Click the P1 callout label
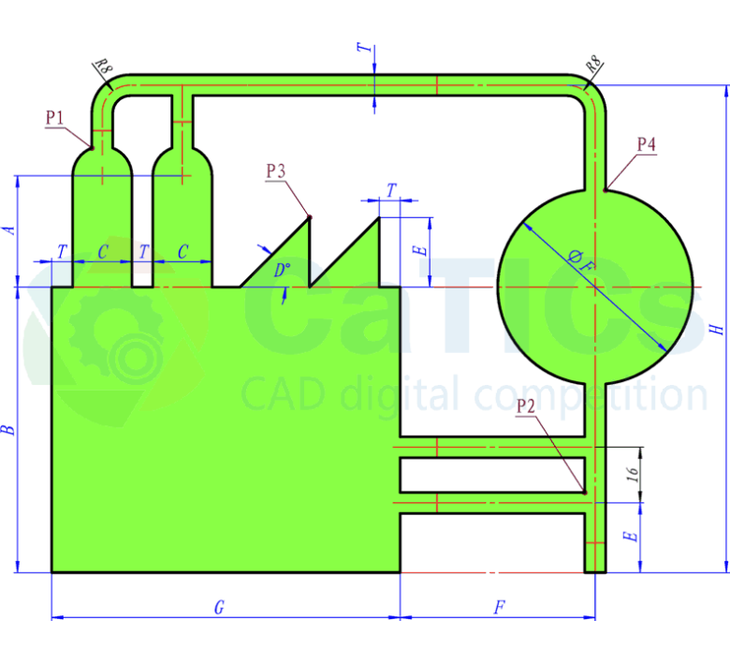[54, 118]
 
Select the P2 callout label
[526, 406]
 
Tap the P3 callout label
[276, 170]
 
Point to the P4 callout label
[646, 144]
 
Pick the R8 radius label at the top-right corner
[592, 66]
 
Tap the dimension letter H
[716, 330]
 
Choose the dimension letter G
[219, 608]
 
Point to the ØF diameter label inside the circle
[580, 259]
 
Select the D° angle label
[282, 271]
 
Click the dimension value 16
[633, 474]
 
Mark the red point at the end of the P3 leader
[310, 218]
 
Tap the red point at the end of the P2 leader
[585, 492]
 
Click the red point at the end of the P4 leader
[606, 191]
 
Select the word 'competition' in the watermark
[591, 395]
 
